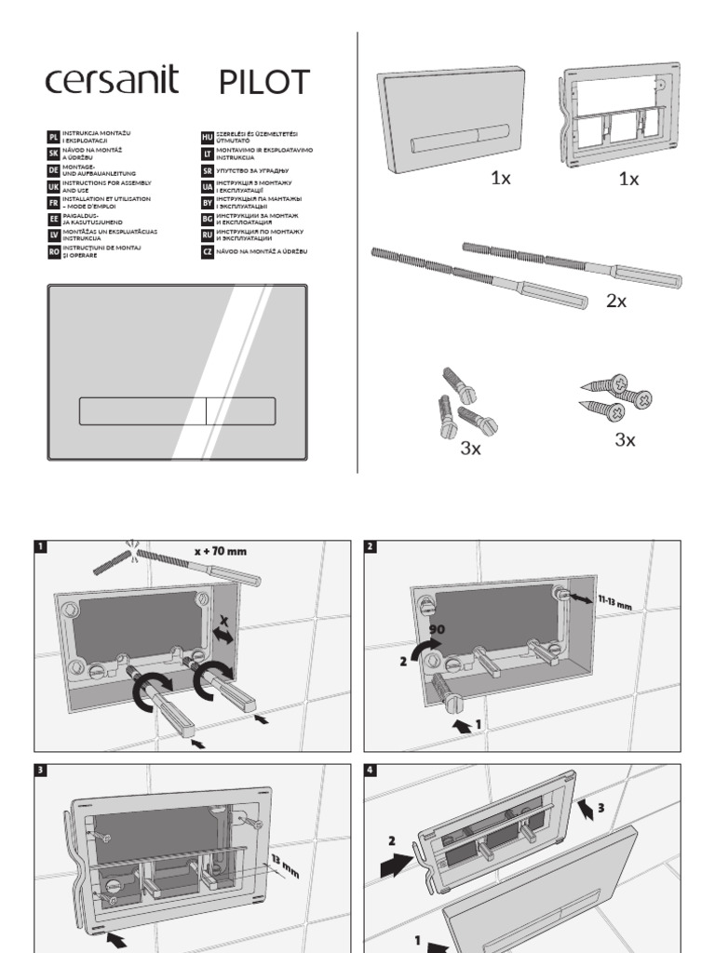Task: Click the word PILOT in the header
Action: click(x=264, y=83)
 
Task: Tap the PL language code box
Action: click(x=53, y=137)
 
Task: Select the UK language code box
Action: click(x=53, y=186)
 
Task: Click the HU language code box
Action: click(x=208, y=137)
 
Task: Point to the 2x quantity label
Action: click(x=616, y=301)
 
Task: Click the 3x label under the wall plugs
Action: click(x=470, y=449)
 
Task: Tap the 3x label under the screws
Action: click(x=625, y=440)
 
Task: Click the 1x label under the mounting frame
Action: click(x=629, y=179)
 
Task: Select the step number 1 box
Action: click(x=40, y=546)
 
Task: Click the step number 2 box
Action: click(x=370, y=546)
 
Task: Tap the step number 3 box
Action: click(x=40, y=770)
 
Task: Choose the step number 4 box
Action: click(x=370, y=770)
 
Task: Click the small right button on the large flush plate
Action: click(x=240, y=410)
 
